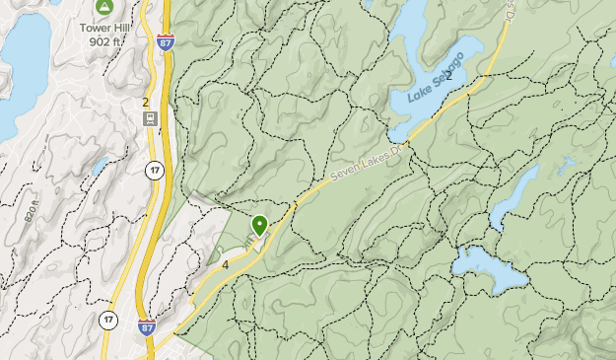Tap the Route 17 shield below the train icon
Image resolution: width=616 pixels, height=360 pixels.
click(x=154, y=171)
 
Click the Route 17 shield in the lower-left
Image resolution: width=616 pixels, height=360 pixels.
click(x=107, y=319)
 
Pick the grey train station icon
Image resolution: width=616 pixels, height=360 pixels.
click(x=150, y=119)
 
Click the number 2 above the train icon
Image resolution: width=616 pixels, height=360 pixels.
click(x=145, y=102)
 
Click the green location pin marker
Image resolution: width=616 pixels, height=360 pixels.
click(x=259, y=225)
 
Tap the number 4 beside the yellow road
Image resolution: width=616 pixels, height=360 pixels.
click(x=226, y=265)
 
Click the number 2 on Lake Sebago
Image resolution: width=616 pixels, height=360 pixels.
click(x=448, y=75)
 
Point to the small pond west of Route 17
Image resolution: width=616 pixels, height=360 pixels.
click(x=101, y=166)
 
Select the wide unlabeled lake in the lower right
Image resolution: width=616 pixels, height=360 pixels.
click(x=488, y=268)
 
